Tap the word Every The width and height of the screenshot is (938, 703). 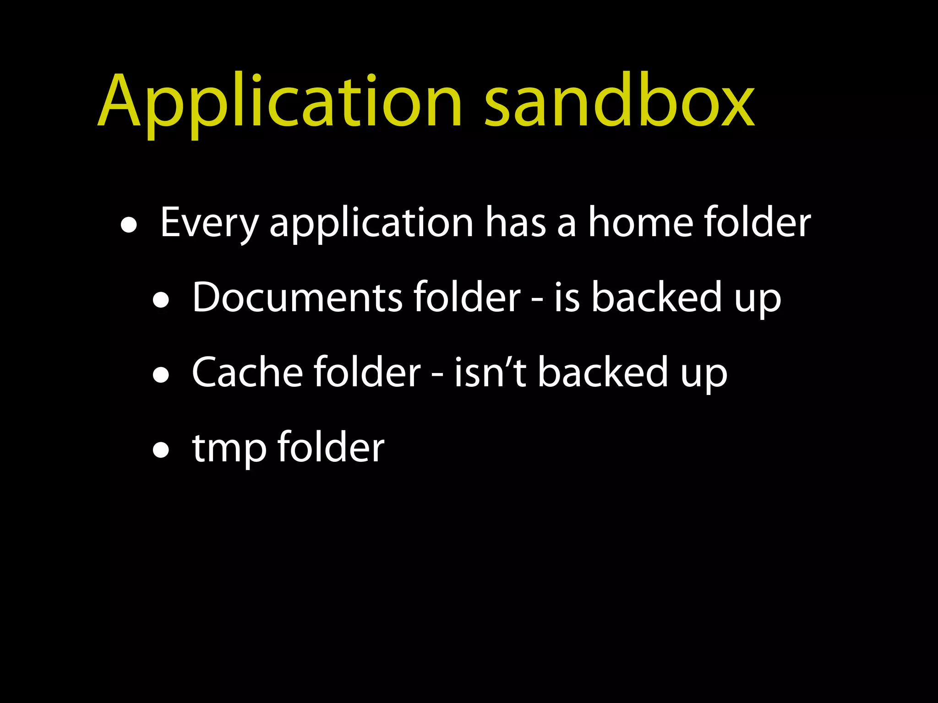click(x=209, y=223)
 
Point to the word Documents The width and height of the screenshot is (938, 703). click(x=297, y=298)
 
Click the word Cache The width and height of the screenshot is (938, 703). click(x=247, y=373)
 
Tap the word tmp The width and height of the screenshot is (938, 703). click(x=229, y=449)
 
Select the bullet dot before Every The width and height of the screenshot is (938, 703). click(x=129, y=226)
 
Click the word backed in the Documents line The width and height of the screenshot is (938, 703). click(x=656, y=298)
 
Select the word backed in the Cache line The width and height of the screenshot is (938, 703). click(x=602, y=373)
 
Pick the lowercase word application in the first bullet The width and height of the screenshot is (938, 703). click(x=371, y=223)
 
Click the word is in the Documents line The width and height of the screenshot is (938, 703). click(x=567, y=298)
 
